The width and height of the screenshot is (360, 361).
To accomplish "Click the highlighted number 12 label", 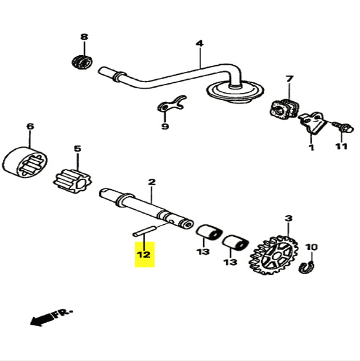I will pos(144,255).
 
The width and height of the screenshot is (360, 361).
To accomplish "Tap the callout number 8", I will pos(84,37).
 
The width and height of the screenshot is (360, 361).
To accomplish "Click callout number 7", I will pos(289,79).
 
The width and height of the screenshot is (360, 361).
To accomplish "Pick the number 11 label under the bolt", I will pos(341,147).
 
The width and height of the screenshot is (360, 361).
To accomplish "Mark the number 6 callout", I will pos(30,127).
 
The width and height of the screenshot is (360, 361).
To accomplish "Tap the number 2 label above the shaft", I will pos(151,181).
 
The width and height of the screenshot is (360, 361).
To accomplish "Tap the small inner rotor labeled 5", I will pos(70,178).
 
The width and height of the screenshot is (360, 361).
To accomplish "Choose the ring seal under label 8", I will pos(81,61).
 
